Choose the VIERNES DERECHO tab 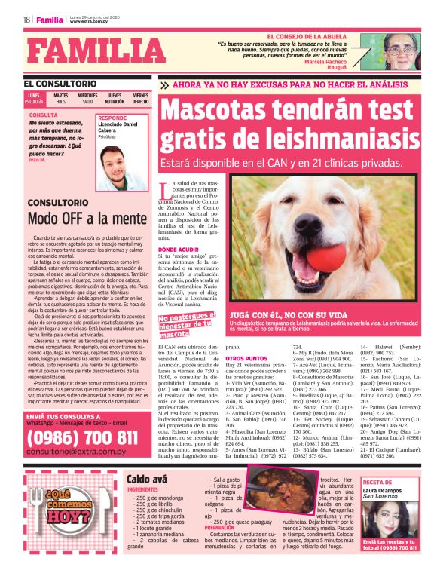tap(141, 98)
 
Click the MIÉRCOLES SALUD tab tap(87, 98)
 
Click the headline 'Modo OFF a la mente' tap(87, 219)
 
